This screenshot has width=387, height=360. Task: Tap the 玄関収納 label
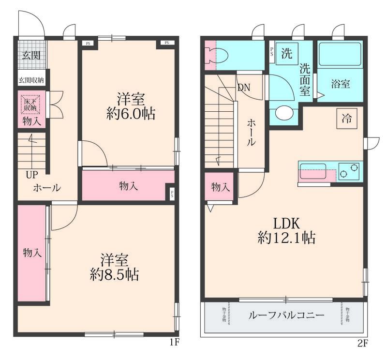pyautogui.click(x=31, y=80)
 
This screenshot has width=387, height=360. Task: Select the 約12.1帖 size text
pyautogui.click(x=286, y=238)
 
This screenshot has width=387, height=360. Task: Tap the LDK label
pyautogui.click(x=287, y=223)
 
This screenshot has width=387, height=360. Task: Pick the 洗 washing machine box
pyautogui.click(x=287, y=53)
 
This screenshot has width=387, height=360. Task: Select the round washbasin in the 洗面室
pyautogui.click(x=284, y=114)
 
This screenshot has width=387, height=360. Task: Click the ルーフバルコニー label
pyautogui.click(x=286, y=315)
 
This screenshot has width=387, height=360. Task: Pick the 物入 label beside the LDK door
pyautogui.click(x=220, y=187)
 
